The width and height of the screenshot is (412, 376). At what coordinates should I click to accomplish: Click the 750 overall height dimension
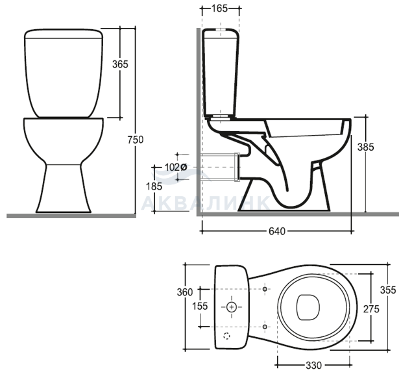tap(136, 140)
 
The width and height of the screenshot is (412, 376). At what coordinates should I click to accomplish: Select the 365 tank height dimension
tap(120, 64)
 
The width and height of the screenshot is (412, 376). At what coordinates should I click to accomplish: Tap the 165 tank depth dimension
tap(219, 8)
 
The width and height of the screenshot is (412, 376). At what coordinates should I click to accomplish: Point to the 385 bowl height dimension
tap(365, 147)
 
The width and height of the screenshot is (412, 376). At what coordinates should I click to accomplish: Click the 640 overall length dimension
tap(277, 231)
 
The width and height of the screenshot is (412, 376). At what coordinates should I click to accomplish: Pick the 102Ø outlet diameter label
tap(176, 167)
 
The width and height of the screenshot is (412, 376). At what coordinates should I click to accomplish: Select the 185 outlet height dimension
tap(154, 186)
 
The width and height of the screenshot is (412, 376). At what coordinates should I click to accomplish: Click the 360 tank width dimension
tap(185, 292)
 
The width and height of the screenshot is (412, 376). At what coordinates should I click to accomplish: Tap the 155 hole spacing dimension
tap(200, 307)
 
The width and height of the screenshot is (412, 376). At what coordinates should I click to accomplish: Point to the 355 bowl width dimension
tap(388, 290)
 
